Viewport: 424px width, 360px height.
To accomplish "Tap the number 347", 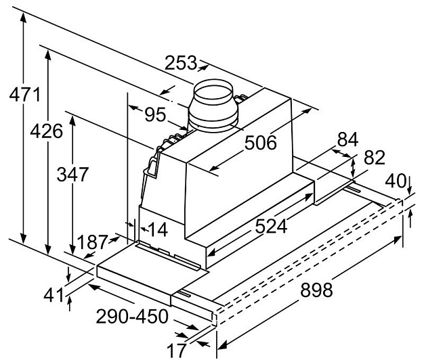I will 72,174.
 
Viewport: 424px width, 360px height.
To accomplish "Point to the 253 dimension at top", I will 179,64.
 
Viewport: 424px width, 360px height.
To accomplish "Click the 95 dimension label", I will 155,115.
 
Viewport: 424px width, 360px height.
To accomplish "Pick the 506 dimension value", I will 260,143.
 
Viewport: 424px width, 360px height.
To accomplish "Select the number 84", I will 347,141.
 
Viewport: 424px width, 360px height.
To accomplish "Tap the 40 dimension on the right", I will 396,181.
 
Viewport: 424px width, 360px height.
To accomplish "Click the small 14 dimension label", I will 157,229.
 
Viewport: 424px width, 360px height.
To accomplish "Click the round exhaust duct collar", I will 213,107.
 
